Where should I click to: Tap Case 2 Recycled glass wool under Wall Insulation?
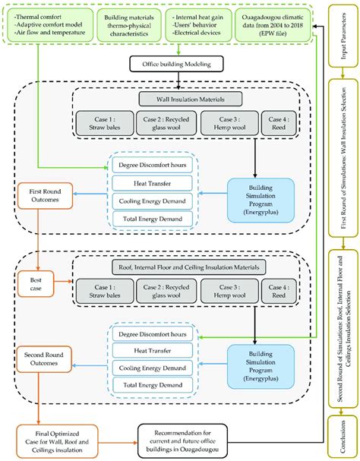point(167,125)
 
